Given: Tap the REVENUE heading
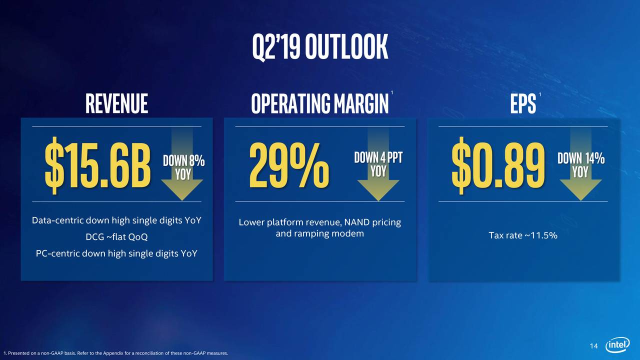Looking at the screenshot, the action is [116, 103].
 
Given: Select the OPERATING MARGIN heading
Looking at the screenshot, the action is [319, 103].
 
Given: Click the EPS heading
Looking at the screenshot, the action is [523, 103].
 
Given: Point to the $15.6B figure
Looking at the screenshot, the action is [97, 165].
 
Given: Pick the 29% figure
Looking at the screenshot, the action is [289, 165].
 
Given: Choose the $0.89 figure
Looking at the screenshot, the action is [498, 165].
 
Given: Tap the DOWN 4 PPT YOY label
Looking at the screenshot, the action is [378, 164].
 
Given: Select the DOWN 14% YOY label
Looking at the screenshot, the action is [581, 165].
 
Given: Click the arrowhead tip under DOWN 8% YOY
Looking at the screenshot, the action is [182, 200].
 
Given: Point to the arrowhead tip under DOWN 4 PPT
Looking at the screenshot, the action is [378, 201].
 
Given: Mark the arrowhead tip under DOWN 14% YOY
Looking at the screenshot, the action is [581, 200].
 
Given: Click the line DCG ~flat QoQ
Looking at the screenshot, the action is [116, 237].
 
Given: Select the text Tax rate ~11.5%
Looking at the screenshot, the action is [523, 235].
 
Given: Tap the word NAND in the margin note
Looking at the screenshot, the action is [356, 222].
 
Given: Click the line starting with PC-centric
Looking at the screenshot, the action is [116, 253].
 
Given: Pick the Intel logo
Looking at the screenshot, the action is [617, 345].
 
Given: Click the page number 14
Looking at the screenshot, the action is [593, 346].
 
